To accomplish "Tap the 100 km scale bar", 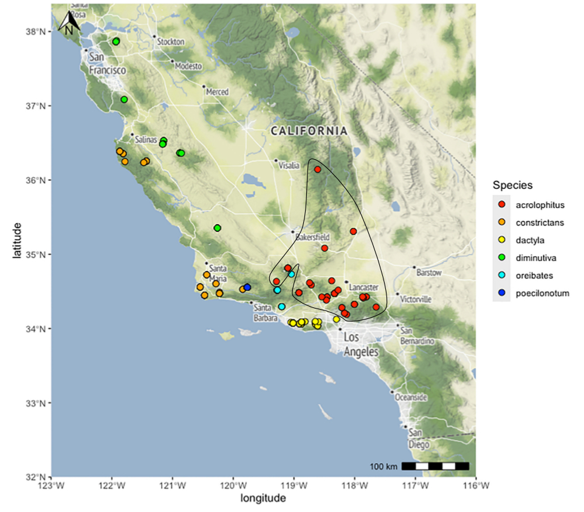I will tap(435, 466).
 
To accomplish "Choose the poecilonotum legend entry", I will tap(542, 293).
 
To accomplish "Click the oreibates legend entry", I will tap(534, 275).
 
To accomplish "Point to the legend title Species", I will tap(512, 185).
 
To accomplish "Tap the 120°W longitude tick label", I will tap(233, 486).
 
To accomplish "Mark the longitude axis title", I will tap(263, 499).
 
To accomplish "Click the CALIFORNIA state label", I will tap(309, 131).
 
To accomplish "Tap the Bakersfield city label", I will tap(312, 236).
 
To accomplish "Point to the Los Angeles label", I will tap(361, 344).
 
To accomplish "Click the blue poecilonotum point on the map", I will tap(247, 287).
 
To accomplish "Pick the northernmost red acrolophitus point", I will tap(317, 169).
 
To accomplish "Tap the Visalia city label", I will tap(289, 165).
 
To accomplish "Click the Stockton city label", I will tap(171, 42).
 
